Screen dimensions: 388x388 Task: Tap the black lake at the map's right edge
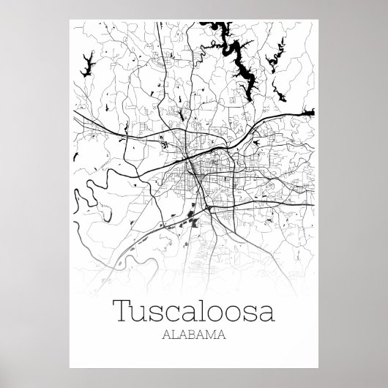tap(310, 111)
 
